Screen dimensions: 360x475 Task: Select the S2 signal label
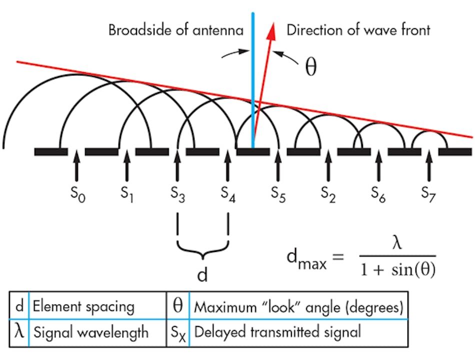(328, 192)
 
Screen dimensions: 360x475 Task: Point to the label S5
(278, 192)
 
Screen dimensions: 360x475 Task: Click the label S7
(429, 192)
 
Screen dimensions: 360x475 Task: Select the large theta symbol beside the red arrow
(310, 67)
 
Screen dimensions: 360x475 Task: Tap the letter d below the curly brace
(202, 275)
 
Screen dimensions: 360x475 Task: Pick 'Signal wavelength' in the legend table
(90, 332)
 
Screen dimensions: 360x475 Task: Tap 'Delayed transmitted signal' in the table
(277, 332)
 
